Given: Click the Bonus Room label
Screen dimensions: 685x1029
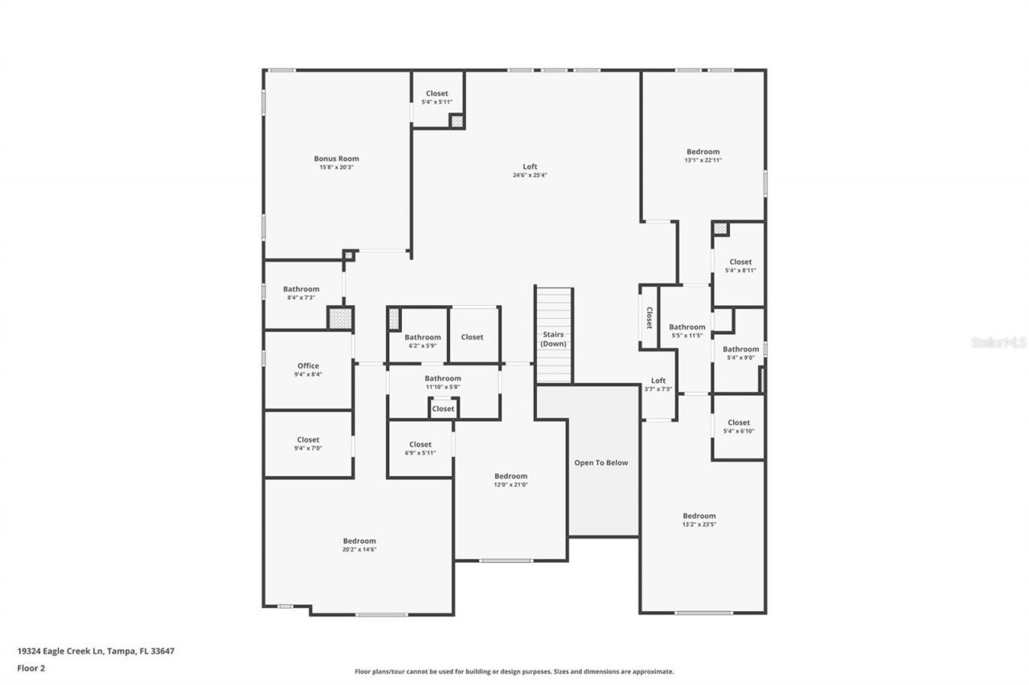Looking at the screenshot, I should click(x=336, y=159).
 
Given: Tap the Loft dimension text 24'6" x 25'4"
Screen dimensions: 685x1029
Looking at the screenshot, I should click(x=530, y=176).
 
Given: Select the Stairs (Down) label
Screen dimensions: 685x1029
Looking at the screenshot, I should click(x=553, y=339).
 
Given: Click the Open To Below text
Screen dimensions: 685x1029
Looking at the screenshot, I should click(x=601, y=463).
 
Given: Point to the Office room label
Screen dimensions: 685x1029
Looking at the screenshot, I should click(x=308, y=366).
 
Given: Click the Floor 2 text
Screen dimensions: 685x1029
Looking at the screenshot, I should click(x=31, y=667).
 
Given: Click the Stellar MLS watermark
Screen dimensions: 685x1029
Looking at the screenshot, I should click(x=998, y=342).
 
